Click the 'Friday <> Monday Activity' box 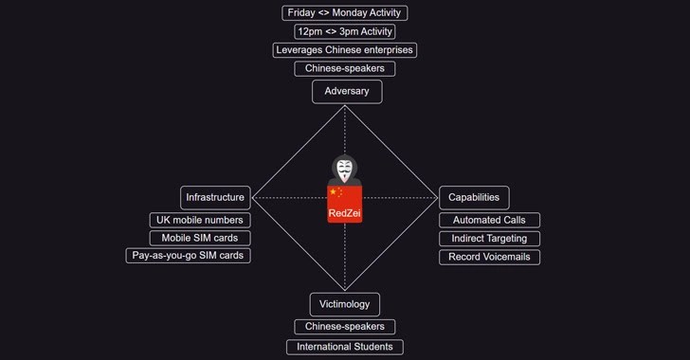tap(345, 12)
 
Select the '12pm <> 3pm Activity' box tap(345, 31)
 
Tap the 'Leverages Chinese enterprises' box tap(345, 50)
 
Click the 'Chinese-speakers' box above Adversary tap(345, 68)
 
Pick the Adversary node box tap(347, 92)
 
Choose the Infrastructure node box tap(215, 198)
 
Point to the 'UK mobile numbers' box tap(200, 220)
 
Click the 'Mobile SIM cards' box tap(200, 238)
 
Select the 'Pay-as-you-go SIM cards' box tap(188, 256)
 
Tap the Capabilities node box tap(474, 198)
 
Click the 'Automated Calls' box tap(489, 220)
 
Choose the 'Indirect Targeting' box tap(489, 239)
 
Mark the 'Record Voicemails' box tap(489, 257)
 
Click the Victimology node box tap(345, 304)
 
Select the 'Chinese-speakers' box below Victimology tap(345, 327)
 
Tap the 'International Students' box tap(345, 347)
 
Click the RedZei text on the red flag tap(345, 213)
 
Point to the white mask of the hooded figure tap(344, 171)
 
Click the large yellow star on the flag tap(333, 192)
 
